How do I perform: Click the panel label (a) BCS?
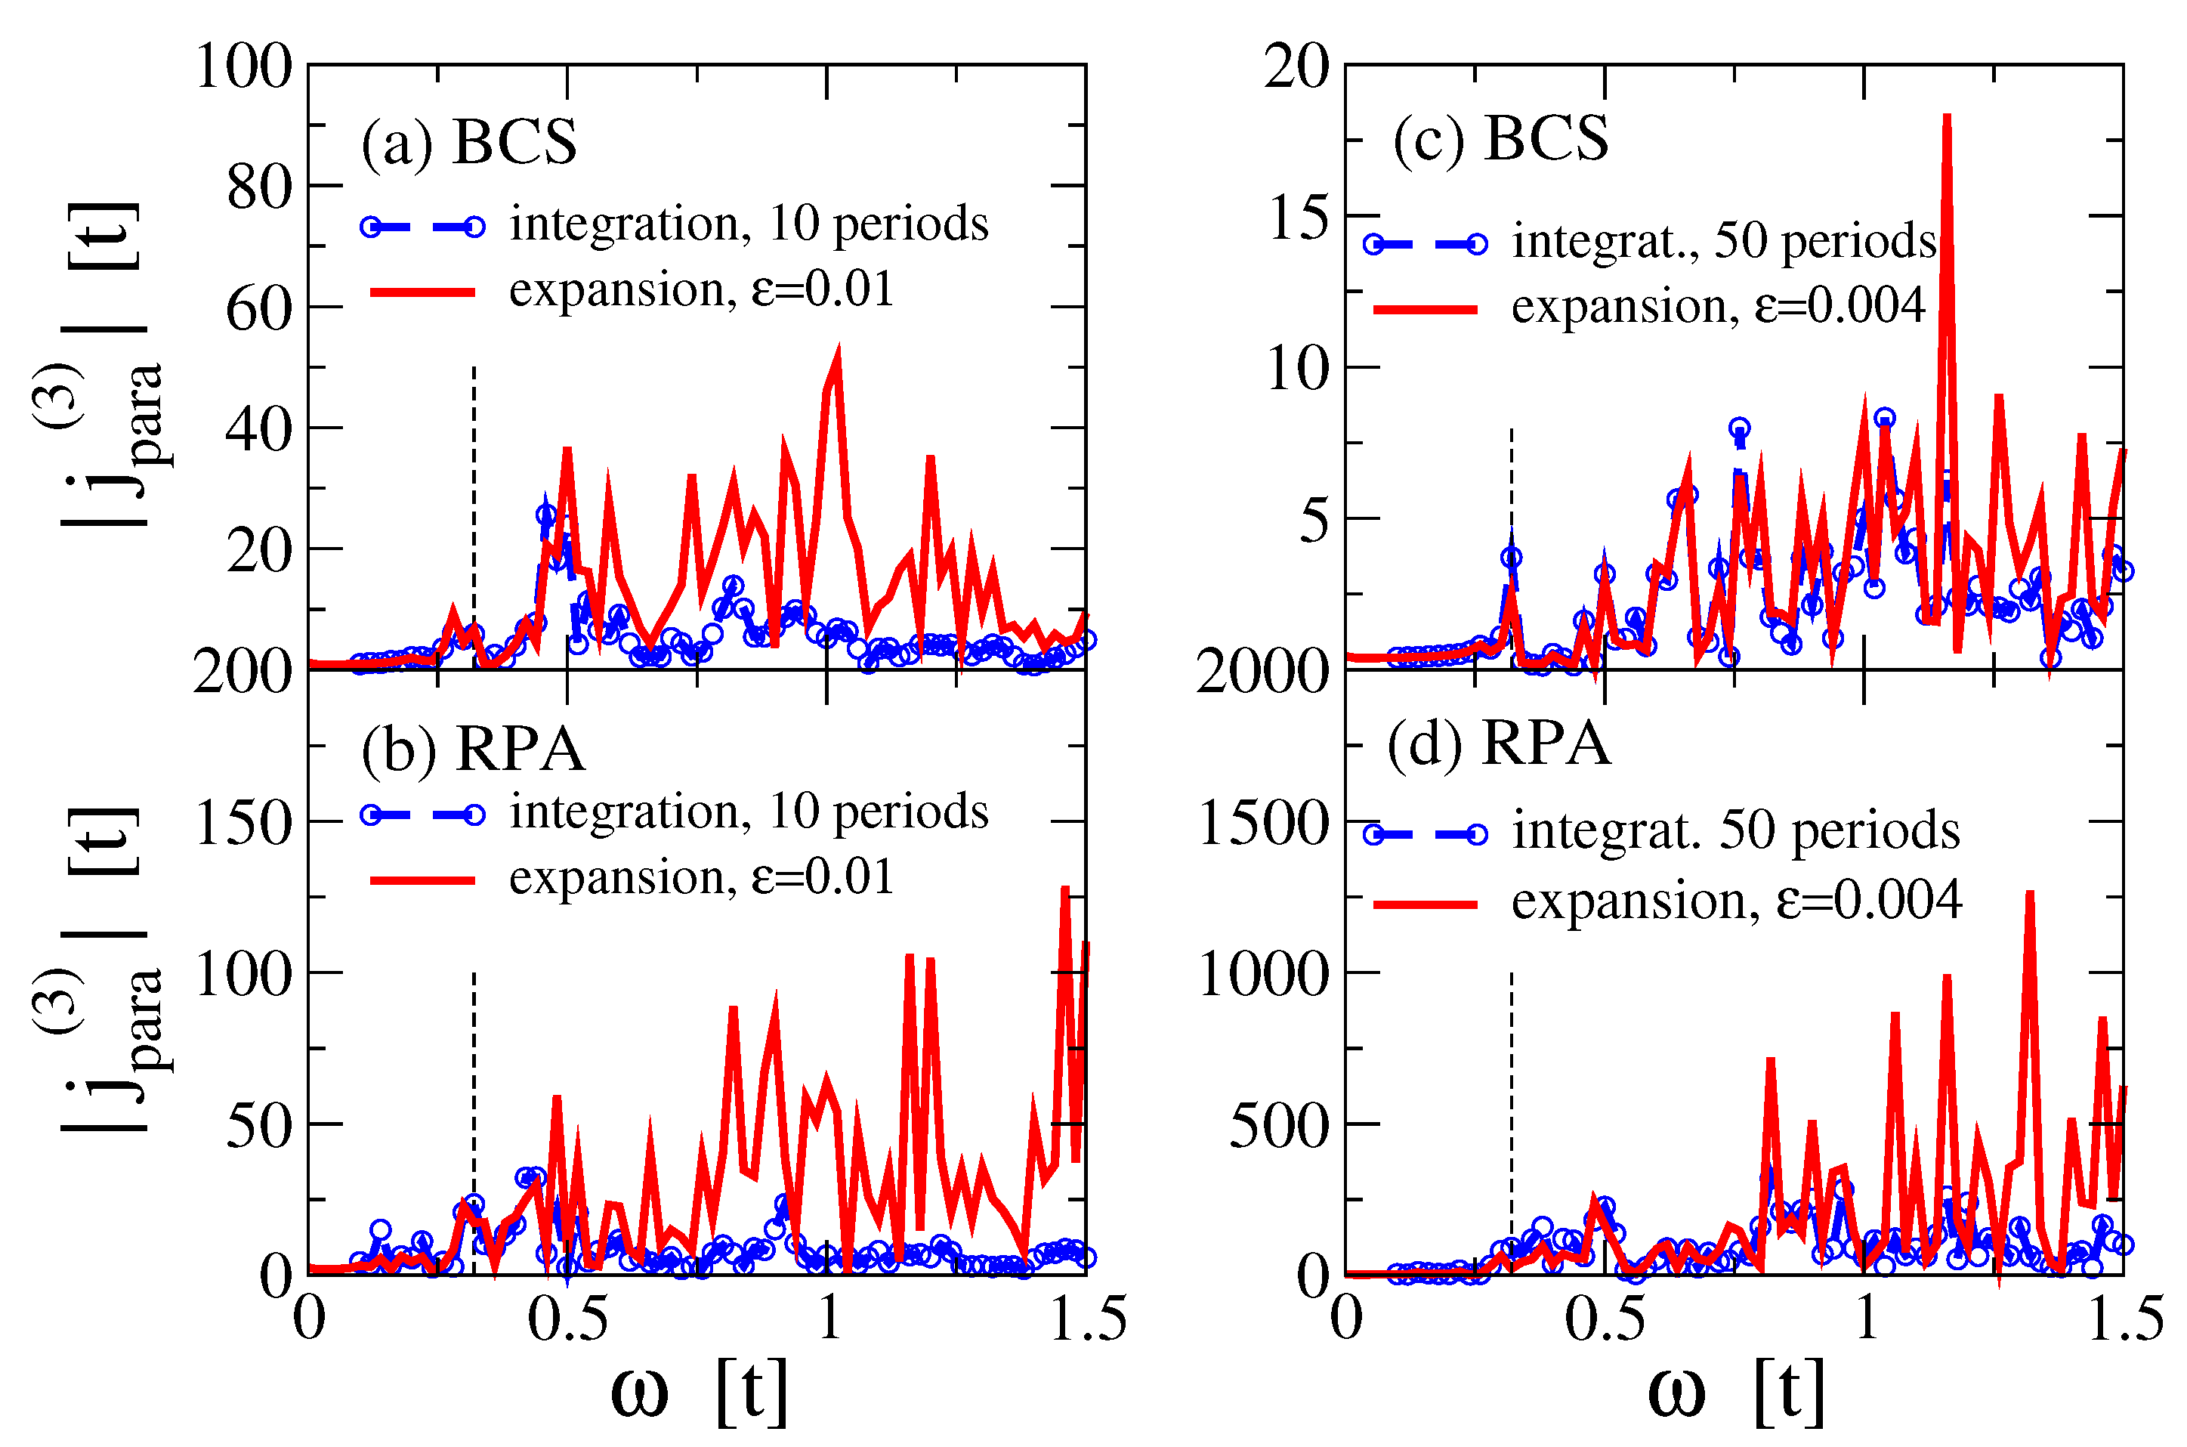pyautogui.click(x=468, y=143)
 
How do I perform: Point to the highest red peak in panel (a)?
pyautogui.click(x=836, y=351)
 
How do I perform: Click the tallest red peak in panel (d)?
pyautogui.click(x=2029, y=895)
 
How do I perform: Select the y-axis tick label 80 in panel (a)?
pyautogui.click(x=258, y=187)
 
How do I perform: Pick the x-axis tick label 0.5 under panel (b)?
pyautogui.click(x=567, y=1319)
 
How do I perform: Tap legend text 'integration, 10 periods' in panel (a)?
pyautogui.click(x=748, y=224)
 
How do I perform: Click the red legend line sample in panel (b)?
pyautogui.click(x=422, y=880)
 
